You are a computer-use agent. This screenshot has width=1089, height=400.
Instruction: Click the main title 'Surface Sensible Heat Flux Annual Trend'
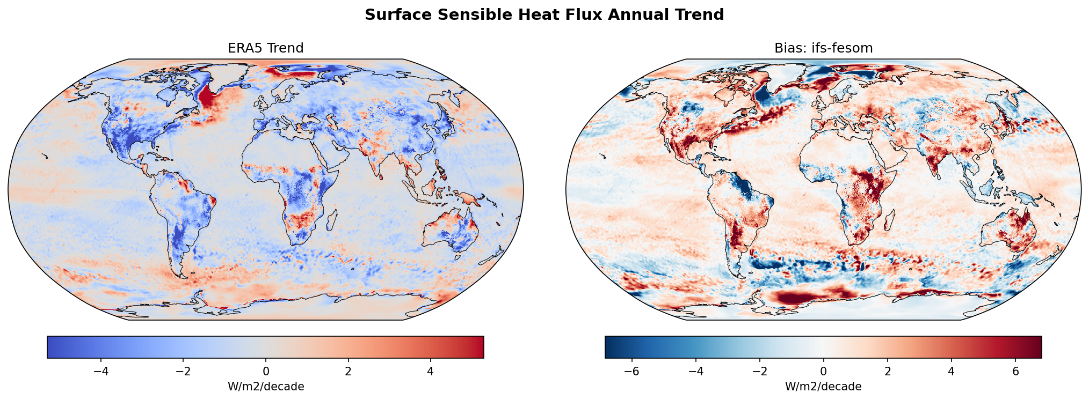[x=544, y=15]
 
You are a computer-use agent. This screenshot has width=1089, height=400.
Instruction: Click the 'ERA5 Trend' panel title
[x=265, y=48]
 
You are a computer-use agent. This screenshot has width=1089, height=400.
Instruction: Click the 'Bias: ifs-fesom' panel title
[x=823, y=48]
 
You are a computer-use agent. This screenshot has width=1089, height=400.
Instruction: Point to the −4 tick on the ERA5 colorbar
[x=101, y=371]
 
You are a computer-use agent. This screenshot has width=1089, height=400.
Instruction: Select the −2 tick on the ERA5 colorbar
[x=183, y=371]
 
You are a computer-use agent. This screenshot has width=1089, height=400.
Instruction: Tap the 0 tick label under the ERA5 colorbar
[x=266, y=371]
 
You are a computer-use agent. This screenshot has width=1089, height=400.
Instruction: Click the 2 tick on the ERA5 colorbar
[x=348, y=371]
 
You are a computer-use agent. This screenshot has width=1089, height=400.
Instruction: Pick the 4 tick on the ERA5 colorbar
[x=430, y=371]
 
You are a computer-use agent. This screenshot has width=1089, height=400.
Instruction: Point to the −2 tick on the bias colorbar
[x=759, y=371]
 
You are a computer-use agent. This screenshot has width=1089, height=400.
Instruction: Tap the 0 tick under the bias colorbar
[x=823, y=371]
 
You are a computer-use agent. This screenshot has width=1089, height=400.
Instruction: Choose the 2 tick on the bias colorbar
[x=887, y=371]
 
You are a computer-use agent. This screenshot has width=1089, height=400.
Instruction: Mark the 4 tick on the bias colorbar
[x=951, y=371]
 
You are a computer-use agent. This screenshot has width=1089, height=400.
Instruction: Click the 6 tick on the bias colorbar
[x=1015, y=371]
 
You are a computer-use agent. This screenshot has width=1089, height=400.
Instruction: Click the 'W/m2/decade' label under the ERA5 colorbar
[x=266, y=387]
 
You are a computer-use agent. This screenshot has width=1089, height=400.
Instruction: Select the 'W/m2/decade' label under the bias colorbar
[x=823, y=387]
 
